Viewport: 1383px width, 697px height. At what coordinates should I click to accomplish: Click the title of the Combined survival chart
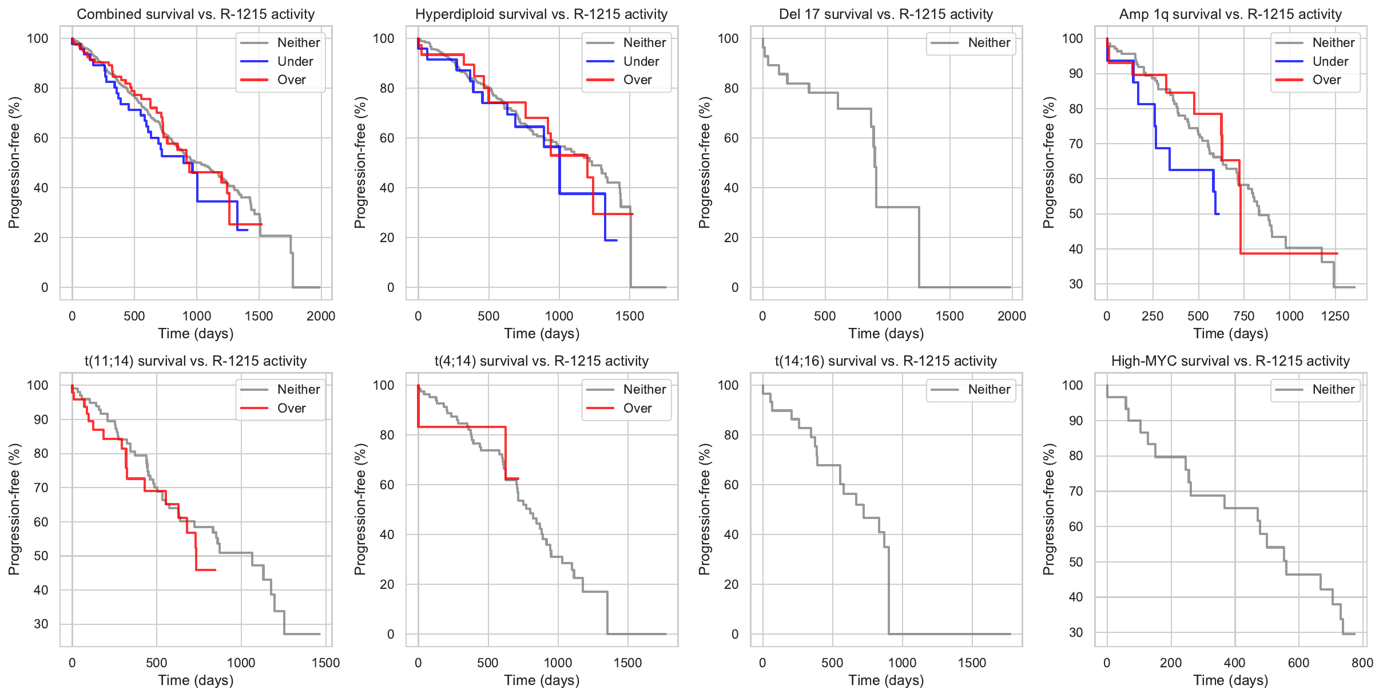pos(196,14)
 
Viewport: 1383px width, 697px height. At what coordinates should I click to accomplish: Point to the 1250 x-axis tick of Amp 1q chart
pos(1335,316)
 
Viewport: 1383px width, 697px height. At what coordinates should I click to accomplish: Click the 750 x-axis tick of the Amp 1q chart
pos(1243,316)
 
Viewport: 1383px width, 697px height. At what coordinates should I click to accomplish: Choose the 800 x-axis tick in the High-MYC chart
pos(1362,663)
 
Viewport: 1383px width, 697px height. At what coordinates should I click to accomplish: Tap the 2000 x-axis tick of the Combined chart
pos(321,316)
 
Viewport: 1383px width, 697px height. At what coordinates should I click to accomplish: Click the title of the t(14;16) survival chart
pos(885,361)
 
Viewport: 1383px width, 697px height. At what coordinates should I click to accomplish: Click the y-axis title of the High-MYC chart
pos(1048,509)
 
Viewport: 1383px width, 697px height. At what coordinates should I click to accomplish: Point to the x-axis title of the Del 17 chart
pos(885,334)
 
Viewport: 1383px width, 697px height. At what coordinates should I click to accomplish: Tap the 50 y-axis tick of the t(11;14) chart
pos(41,556)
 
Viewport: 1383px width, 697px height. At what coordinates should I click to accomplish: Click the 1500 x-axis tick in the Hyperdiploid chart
pos(630,316)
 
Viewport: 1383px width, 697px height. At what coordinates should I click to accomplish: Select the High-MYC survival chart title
pos(1230,361)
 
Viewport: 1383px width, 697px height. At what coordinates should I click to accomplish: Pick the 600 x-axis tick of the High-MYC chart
pos(1298,663)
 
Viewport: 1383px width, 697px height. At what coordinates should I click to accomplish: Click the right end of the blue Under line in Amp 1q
pos(1219,214)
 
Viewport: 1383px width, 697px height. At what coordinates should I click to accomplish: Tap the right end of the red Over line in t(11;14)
pos(215,570)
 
